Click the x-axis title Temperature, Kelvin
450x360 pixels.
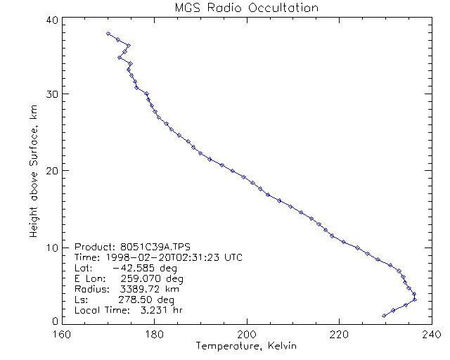point(246,345)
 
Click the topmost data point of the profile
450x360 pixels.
point(108,33)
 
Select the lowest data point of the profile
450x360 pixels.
point(383,316)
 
